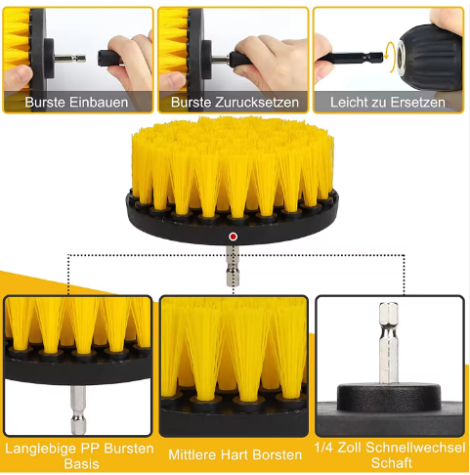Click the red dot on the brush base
point(233,237)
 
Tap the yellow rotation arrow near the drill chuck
point(389,55)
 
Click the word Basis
point(81,463)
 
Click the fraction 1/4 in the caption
point(323,448)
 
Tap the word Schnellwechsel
point(415,448)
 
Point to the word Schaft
point(392,462)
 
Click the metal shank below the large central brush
point(233,266)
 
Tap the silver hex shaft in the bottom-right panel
point(389,343)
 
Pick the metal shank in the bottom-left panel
point(78,410)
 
